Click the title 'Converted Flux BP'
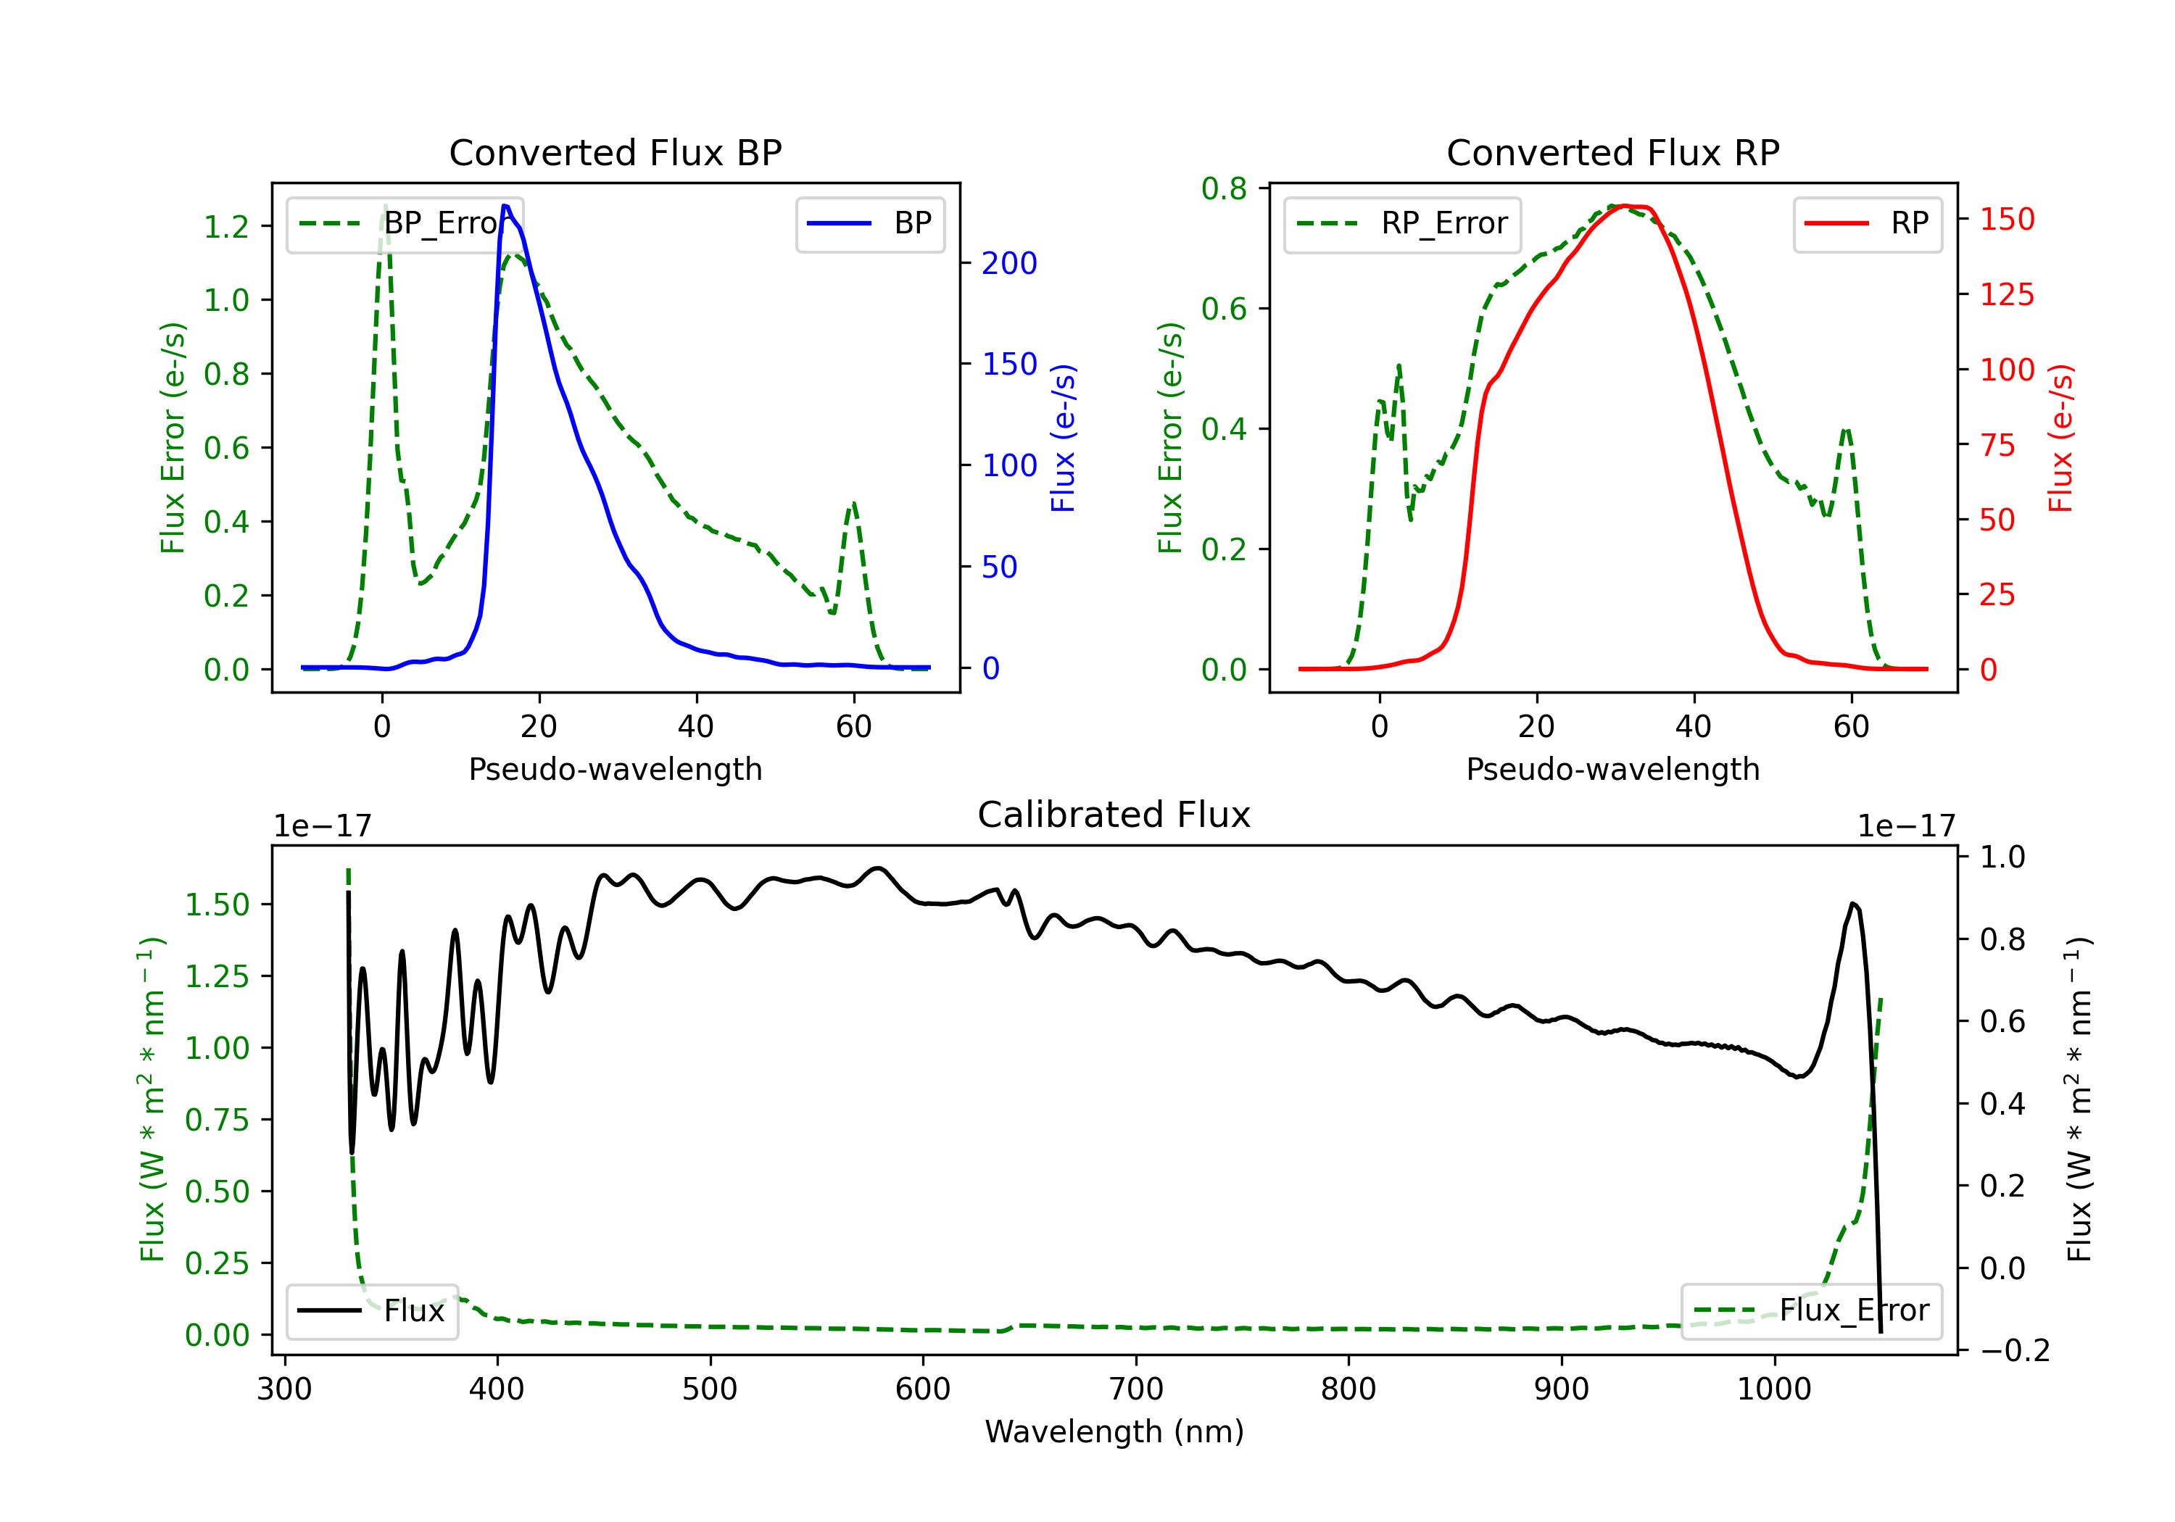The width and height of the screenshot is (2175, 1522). click(616, 152)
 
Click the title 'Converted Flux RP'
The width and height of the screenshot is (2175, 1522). click(1613, 152)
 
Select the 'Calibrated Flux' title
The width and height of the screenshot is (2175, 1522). click(1114, 815)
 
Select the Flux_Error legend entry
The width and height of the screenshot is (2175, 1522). click(1811, 1311)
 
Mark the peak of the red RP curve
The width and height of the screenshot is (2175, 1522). click(1625, 206)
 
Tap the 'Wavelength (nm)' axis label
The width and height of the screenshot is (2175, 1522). click(1114, 1432)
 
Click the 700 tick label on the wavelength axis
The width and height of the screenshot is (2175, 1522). click(1136, 1389)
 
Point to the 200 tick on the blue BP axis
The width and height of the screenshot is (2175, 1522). click(1009, 263)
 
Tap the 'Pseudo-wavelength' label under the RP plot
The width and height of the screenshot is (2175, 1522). click(1613, 769)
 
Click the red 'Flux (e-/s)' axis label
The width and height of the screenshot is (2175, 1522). click(2060, 438)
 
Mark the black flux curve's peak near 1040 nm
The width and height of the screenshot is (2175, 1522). click(1853, 904)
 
